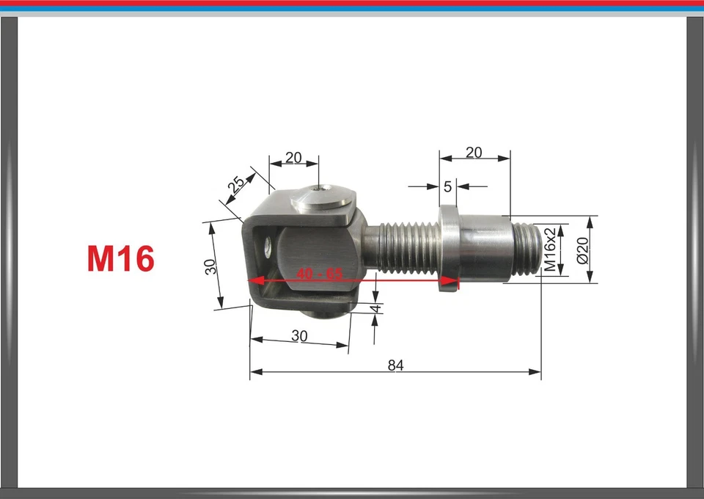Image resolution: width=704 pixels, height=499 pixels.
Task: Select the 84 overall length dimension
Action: (x=396, y=365)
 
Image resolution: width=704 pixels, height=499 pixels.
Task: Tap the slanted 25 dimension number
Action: (x=235, y=186)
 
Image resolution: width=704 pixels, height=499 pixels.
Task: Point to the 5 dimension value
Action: (x=448, y=186)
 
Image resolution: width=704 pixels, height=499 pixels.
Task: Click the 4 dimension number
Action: (x=377, y=309)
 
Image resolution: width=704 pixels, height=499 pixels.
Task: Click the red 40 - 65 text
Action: (x=320, y=274)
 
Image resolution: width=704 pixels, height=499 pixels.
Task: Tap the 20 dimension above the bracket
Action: (x=293, y=157)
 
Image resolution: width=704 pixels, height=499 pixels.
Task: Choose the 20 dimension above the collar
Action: (x=474, y=153)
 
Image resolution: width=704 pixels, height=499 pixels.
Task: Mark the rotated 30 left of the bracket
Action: (x=211, y=266)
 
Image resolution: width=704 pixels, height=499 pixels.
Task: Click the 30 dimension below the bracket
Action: (x=299, y=335)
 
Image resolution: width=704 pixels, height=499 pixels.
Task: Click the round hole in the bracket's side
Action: (x=268, y=245)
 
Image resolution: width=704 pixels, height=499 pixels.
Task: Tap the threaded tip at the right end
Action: (x=526, y=250)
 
